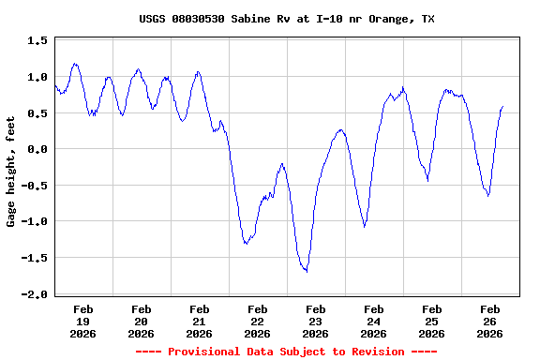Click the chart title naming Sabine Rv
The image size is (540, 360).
[286, 19]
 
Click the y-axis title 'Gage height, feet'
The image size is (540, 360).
[11, 179]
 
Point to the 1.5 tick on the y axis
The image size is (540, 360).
[37, 41]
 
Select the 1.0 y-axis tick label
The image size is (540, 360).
[37, 77]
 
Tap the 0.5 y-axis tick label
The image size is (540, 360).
[37, 113]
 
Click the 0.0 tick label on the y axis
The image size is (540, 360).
[37, 149]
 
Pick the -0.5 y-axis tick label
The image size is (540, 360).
[35, 186]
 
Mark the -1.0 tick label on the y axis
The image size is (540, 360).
[35, 221]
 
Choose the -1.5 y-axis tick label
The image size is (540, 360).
[35, 258]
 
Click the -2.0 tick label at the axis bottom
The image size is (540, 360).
[35, 294]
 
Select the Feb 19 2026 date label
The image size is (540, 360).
[82, 321]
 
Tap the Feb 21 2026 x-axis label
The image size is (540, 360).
[199, 321]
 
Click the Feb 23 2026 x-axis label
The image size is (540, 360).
[315, 321]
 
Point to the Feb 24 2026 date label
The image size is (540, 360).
[373, 321]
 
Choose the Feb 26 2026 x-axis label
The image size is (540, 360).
[489, 321]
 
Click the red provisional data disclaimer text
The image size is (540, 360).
[286, 352]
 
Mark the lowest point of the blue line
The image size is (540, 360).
[306, 271]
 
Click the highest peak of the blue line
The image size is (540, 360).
[75, 64]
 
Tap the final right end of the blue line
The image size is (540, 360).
[502, 107]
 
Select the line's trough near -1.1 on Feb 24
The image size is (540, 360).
[364, 226]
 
